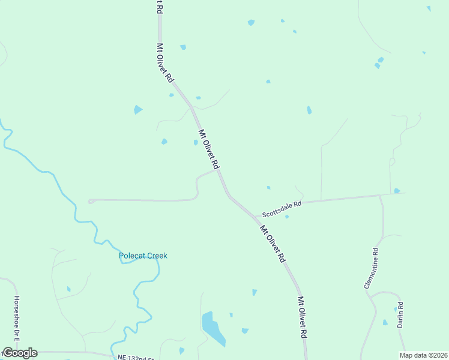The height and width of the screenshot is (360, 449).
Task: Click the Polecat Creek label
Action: click(x=143, y=256)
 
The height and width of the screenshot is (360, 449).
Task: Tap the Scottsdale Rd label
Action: click(x=281, y=208)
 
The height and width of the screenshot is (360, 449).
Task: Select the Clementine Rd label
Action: click(x=371, y=268)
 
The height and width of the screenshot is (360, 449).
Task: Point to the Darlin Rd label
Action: click(x=400, y=314)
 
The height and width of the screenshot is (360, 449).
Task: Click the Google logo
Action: click(x=20, y=353)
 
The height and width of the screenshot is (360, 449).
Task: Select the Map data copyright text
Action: click(x=423, y=355)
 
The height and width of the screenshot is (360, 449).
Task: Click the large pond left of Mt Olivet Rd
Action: click(x=212, y=329)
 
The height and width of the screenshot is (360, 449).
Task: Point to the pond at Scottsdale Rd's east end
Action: click(x=397, y=191)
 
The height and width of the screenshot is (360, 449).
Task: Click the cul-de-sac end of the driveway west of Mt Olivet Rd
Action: click(x=91, y=201)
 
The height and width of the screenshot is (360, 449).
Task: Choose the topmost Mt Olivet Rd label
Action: click(x=165, y=62)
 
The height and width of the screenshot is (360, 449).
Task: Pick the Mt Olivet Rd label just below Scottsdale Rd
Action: click(x=272, y=244)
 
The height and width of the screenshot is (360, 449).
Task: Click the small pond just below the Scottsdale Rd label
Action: click(x=287, y=217)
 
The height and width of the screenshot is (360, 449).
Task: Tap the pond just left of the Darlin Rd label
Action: click(x=385, y=322)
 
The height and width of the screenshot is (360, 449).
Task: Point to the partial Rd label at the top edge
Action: click(x=159, y=7)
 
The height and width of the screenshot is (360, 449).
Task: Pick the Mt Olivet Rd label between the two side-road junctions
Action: click(x=209, y=149)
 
